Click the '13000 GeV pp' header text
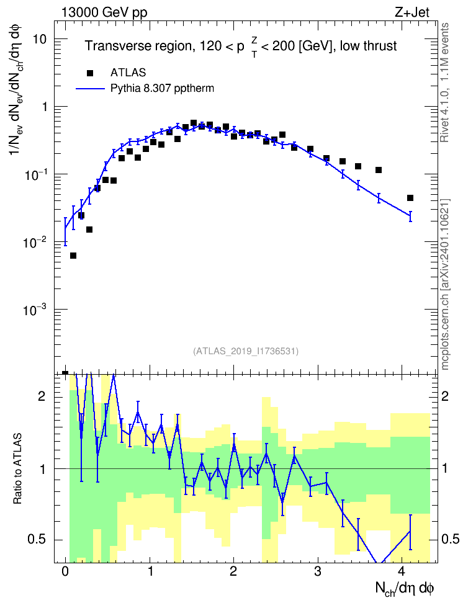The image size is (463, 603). (104, 12)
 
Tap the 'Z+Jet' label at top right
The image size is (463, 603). (412, 12)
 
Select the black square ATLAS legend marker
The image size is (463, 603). (90, 73)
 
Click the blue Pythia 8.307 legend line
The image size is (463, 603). (91, 89)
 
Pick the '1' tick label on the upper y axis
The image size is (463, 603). (44, 107)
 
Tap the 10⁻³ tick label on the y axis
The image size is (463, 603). (34, 309)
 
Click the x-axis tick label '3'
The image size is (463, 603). (318, 571)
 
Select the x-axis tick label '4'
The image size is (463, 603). (402, 571)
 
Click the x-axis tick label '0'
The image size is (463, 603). (65, 571)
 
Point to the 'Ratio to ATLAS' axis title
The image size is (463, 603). (18, 468)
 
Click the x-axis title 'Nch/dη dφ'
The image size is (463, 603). (405, 589)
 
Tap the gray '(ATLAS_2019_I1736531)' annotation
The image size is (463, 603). (246, 351)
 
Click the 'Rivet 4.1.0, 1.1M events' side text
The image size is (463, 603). (444, 83)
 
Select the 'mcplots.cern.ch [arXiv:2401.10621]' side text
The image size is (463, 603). (445, 285)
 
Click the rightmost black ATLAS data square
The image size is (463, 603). (410, 198)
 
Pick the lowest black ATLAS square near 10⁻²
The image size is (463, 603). (73, 256)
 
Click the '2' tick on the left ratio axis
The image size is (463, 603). (42, 396)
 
